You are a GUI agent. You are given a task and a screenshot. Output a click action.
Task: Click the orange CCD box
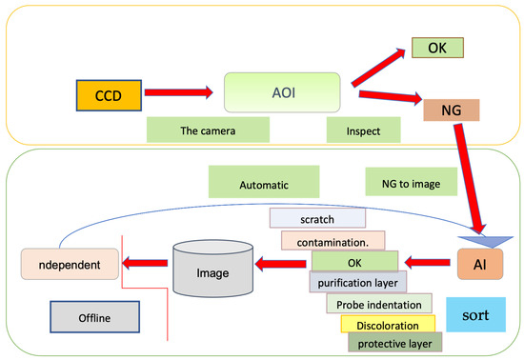click(x=108, y=96)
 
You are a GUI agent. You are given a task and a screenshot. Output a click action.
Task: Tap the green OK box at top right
click(x=436, y=48)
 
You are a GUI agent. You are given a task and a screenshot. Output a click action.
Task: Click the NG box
click(x=453, y=110)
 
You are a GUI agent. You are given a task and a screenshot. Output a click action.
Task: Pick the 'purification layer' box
click(x=358, y=281)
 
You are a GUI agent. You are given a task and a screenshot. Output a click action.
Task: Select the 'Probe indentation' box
click(x=378, y=304)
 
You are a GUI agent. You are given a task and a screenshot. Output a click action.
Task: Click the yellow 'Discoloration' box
click(x=381, y=325)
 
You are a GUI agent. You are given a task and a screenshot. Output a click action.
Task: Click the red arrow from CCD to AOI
click(x=179, y=93)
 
